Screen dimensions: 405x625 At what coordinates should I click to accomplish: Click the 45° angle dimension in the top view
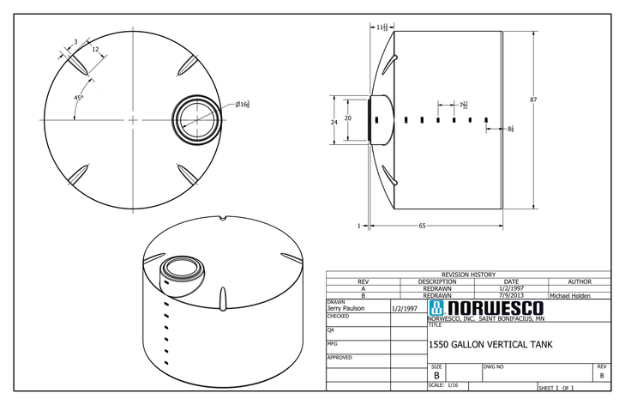tap(78, 99)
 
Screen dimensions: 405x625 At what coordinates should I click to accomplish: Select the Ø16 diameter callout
tap(243, 105)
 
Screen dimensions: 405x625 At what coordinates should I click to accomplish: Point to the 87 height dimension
tap(533, 100)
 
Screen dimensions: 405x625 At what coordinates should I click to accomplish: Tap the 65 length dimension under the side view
tap(423, 226)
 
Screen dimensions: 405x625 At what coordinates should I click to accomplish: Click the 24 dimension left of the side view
tap(334, 122)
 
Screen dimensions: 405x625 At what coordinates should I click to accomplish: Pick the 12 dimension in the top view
tap(95, 49)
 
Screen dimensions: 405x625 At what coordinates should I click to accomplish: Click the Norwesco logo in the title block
tap(485, 307)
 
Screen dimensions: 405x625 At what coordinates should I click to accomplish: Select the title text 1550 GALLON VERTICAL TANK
tap(490, 345)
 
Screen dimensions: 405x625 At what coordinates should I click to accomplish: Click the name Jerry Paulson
tap(347, 308)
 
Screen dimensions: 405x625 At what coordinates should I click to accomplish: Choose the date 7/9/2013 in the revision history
tap(511, 295)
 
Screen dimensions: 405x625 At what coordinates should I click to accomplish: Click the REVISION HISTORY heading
tap(468, 275)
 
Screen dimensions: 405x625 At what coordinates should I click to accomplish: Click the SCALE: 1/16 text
tap(443, 385)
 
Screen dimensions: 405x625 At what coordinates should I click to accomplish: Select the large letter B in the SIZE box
tap(436, 376)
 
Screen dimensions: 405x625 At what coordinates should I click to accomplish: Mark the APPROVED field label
tap(340, 357)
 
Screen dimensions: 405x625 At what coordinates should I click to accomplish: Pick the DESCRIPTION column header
tap(437, 281)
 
